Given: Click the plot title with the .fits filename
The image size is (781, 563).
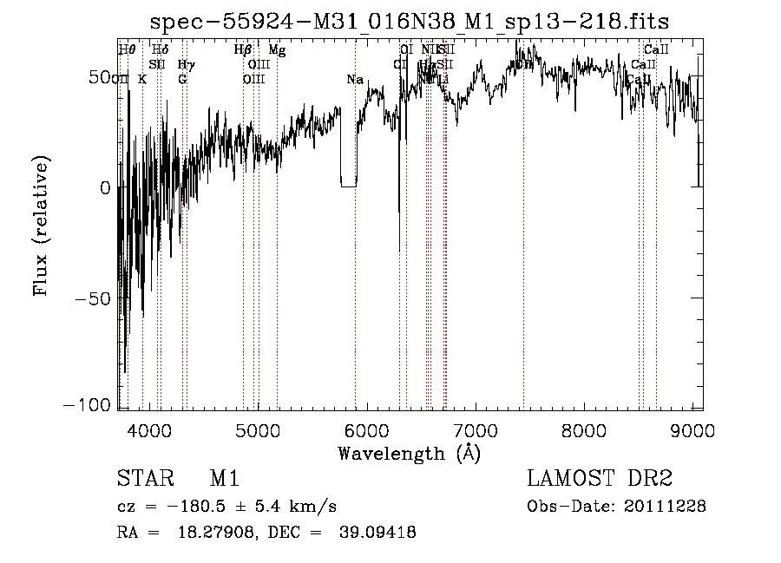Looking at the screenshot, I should [x=410, y=21].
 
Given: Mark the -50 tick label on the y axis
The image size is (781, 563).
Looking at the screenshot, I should [x=89, y=298].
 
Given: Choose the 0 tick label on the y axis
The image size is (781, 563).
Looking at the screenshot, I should [x=104, y=187].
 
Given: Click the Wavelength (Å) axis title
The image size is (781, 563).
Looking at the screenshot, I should [x=410, y=452].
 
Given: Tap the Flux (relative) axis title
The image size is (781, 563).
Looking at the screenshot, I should [x=41, y=225].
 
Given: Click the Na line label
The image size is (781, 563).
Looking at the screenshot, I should [x=354, y=80].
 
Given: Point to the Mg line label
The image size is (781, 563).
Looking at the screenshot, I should [x=277, y=50].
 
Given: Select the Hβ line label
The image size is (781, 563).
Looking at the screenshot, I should [x=243, y=50].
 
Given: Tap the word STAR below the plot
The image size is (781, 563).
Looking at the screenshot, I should [x=141, y=479].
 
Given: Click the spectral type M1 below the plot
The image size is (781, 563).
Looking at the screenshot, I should [x=224, y=479].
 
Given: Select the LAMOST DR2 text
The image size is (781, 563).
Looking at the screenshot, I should [x=600, y=479].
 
